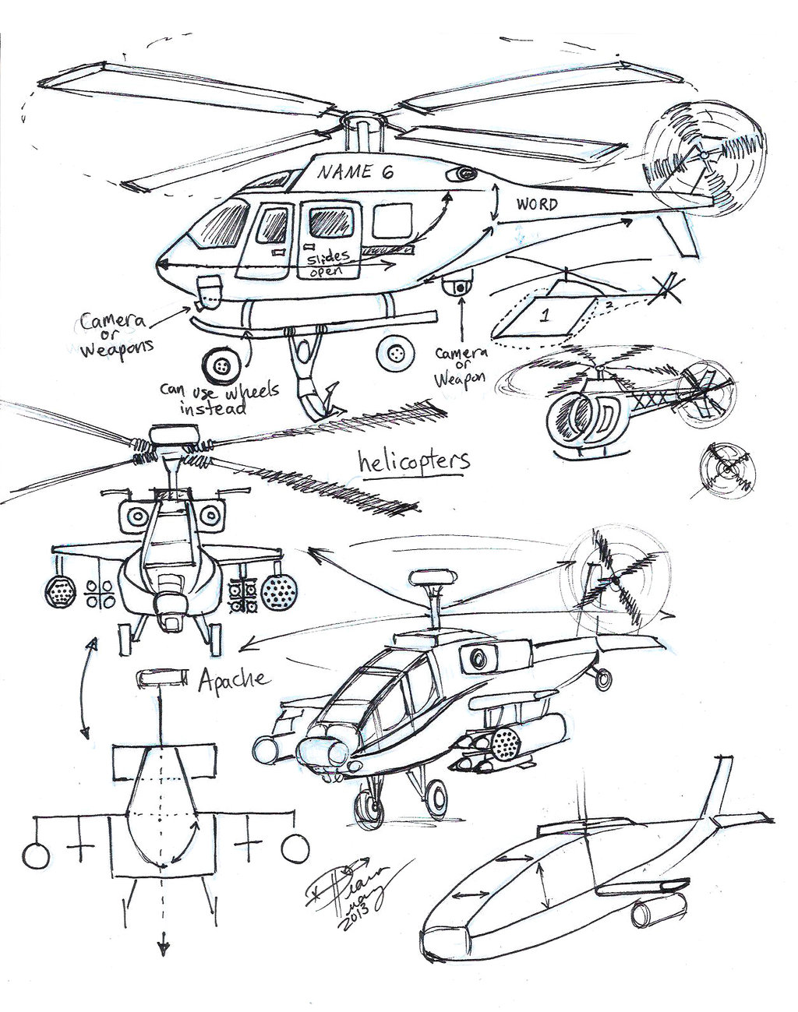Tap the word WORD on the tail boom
[x=536, y=205]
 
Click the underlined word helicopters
[x=414, y=460]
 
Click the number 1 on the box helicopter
[x=546, y=316]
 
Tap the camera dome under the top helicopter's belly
[x=460, y=286]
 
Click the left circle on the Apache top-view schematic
[x=37, y=853]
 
